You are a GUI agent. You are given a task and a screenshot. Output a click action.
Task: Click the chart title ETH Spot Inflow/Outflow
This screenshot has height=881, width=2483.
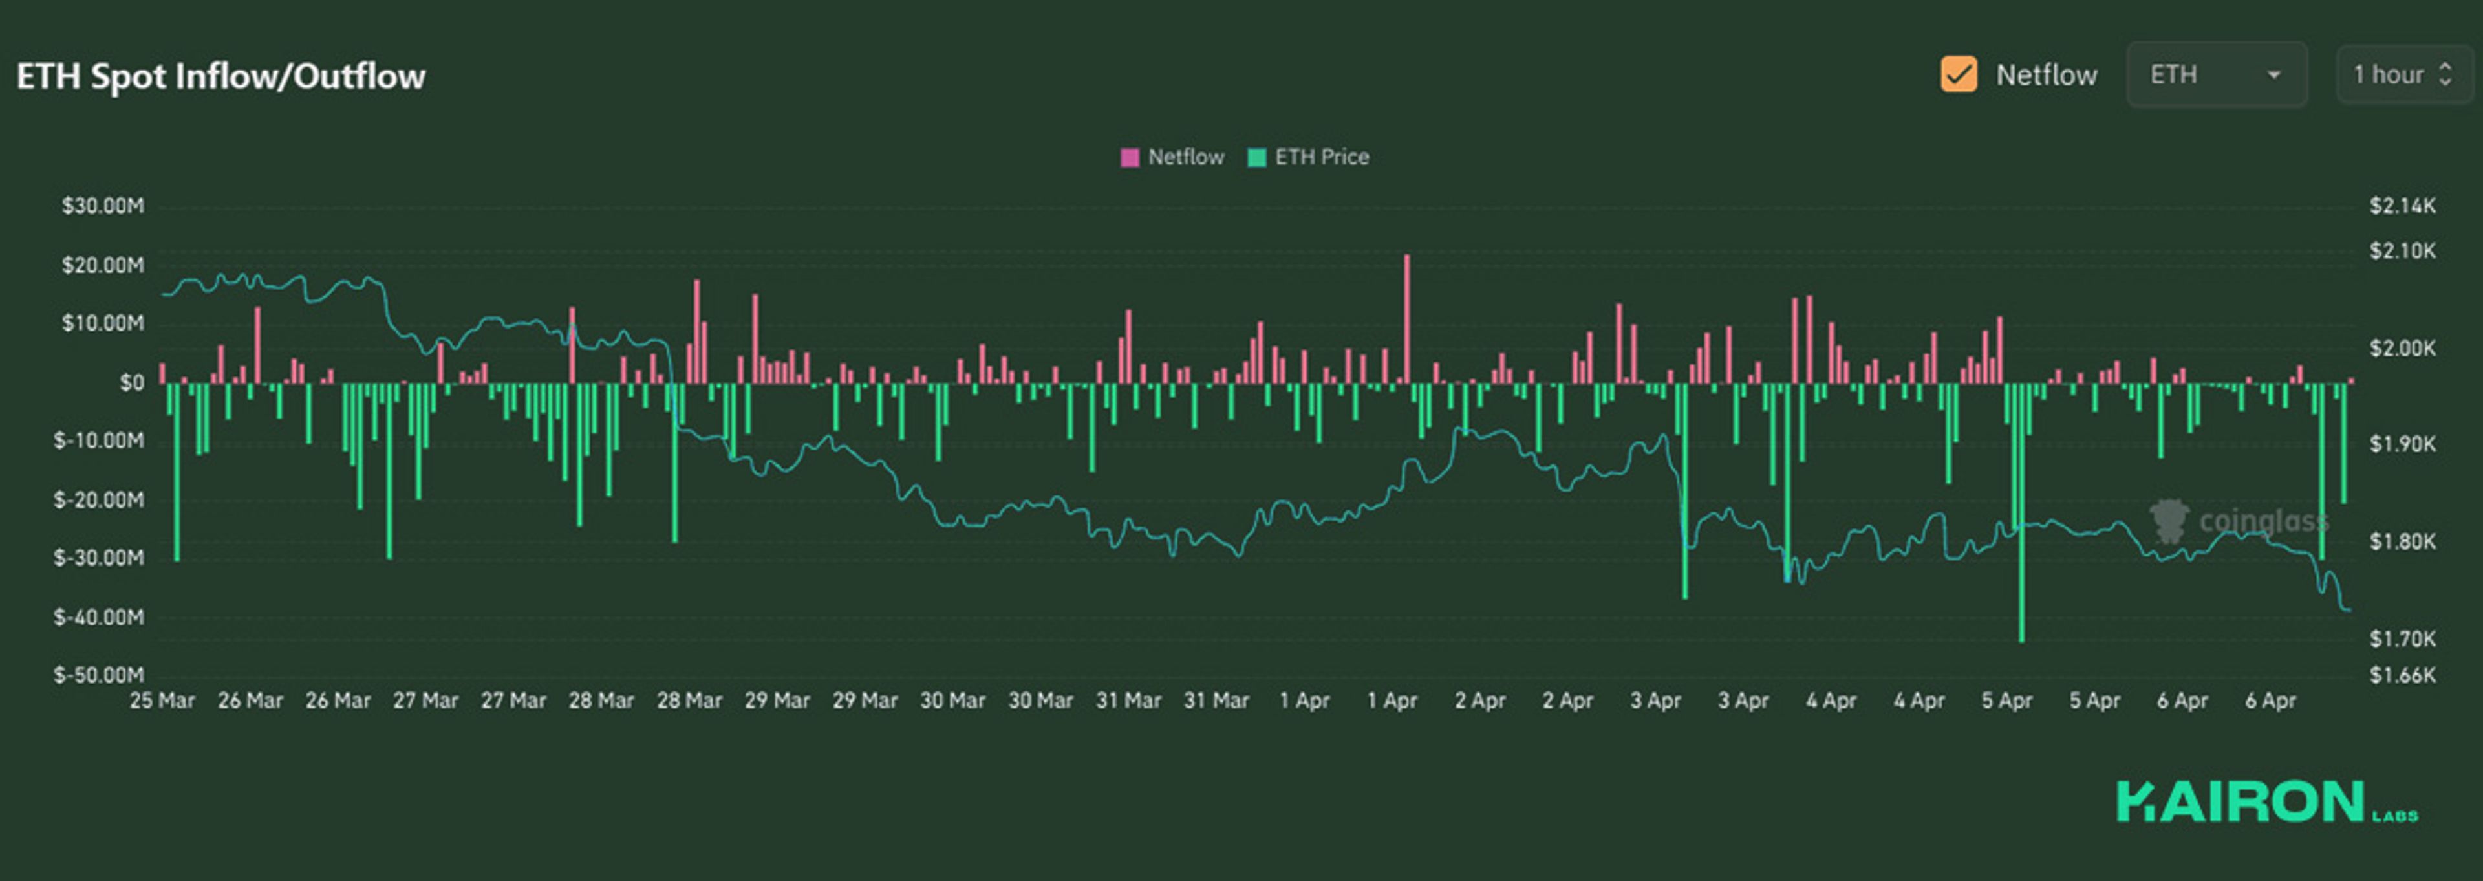point(220,76)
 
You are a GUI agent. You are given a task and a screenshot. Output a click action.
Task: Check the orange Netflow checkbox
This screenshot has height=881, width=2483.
point(1958,74)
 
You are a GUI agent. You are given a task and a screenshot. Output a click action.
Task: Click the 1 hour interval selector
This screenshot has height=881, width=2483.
point(2402,74)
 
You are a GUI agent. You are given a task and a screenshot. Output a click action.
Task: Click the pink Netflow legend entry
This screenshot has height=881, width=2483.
point(1172,157)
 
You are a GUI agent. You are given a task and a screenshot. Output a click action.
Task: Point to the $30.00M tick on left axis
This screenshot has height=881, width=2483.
point(102,205)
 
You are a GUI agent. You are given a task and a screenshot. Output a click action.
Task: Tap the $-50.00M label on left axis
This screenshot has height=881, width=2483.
point(98,675)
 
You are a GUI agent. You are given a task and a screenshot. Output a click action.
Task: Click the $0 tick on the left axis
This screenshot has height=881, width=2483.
point(131,383)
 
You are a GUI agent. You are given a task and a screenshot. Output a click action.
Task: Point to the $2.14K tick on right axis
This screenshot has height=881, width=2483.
point(2402,205)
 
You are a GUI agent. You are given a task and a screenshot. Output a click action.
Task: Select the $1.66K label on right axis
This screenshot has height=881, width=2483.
point(2402,675)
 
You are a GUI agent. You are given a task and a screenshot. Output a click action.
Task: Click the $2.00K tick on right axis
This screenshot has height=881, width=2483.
point(2402,348)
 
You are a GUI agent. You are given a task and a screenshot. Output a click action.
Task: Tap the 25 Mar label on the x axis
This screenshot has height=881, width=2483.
point(162,701)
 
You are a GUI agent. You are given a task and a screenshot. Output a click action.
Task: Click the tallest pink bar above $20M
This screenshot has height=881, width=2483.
point(1406,318)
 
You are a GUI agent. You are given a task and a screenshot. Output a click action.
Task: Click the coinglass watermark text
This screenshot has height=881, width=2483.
point(2263,521)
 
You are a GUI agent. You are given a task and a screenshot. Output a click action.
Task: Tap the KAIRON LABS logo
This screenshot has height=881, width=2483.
point(2265,802)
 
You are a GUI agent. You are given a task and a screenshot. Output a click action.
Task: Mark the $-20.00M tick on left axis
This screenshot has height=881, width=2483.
point(98,499)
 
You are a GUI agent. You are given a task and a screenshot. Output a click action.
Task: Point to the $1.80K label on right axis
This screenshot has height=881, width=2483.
point(2402,541)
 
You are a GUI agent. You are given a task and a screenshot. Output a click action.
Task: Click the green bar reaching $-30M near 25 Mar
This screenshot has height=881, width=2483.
point(177,472)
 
